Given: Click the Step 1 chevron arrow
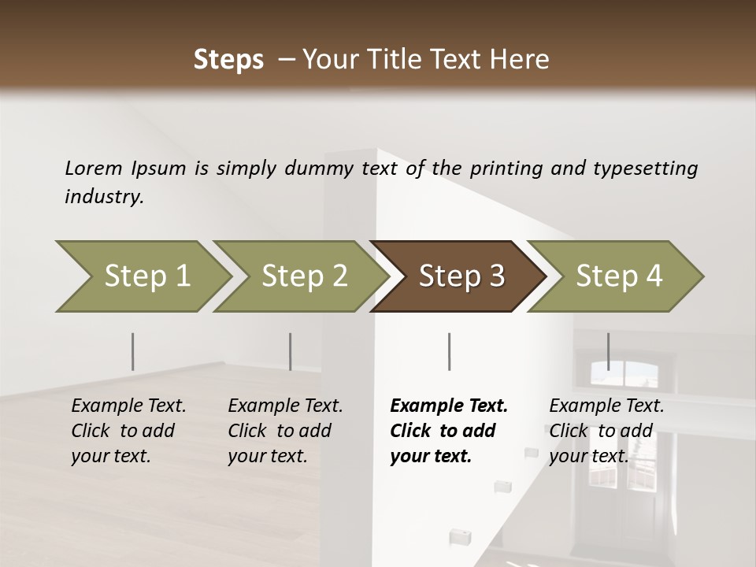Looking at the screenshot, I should pos(146,276).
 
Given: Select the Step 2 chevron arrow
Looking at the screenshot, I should pos(304,276).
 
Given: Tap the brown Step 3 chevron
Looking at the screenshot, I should pos(461,276).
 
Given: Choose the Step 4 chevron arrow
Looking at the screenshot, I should pos(618,276).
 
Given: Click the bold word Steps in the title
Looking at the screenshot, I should pos(228,60).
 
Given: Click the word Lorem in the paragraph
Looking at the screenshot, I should pos(93,168).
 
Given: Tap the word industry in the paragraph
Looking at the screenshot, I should pos(104,196).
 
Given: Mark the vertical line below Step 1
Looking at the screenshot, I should pos(132,351).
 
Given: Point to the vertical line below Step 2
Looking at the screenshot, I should pos(290,351).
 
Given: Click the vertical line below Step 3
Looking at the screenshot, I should pos(449,351).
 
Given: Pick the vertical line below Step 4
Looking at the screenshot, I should pos(608,351).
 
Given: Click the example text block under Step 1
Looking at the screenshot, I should pos(128,431).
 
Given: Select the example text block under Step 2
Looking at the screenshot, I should pos(285,431).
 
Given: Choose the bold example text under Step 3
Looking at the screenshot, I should pos(448,431).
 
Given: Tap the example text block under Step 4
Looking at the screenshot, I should pos(606,431).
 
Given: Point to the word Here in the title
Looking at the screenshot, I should pos(524,60).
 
